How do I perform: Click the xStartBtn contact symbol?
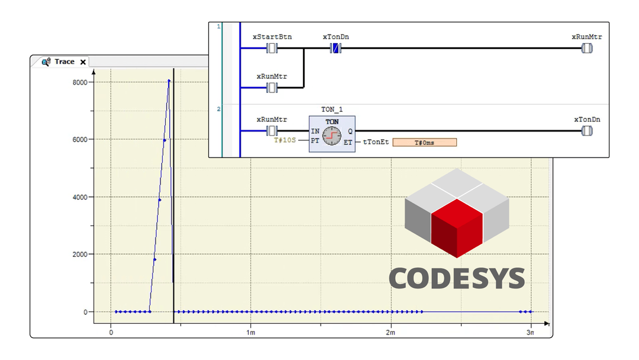pyautogui.click(x=272, y=49)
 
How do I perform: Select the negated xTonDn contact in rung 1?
pyautogui.click(x=335, y=49)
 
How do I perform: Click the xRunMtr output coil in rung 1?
pyautogui.click(x=586, y=49)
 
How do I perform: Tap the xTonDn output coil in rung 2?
pyautogui.click(x=586, y=131)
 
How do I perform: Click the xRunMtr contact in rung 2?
pyautogui.click(x=272, y=131)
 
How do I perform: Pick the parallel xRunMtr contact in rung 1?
pyautogui.click(x=272, y=88)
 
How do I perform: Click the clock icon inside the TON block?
pyautogui.click(x=332, y=136)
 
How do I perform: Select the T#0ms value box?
pyautogui.click(x=424, y=142)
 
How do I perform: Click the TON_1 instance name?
pyautogui.click(x=332, y=110)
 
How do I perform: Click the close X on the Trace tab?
pyautogui.click(x=83, y=62)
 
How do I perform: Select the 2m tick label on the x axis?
pyautogui.click(x=390, y=333)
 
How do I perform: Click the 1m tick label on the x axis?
pyautogui.click(x=250, y=333)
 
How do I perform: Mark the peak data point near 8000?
pyautogui.click(x=169, y=81)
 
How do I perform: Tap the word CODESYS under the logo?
pyautogui.click(x=456, y=278)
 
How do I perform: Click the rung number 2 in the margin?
pyautogui.click(x=219, y=109)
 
